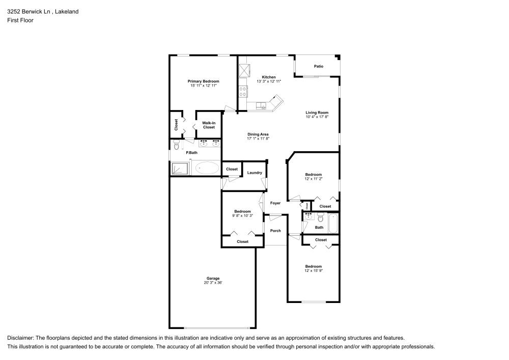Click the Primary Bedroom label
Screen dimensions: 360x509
203,81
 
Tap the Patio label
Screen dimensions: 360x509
319,66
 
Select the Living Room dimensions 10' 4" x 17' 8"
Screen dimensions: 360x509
317,117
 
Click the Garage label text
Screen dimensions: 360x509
213,279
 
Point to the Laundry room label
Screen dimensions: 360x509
254,173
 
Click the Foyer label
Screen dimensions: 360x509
275,203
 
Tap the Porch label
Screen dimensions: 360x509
275,231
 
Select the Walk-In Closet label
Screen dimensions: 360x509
209,125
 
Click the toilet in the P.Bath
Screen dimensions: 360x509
176,147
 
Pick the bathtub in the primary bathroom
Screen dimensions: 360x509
207,168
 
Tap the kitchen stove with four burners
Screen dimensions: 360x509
243,92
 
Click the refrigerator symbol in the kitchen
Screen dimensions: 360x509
244,70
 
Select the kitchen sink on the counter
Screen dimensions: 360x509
262,106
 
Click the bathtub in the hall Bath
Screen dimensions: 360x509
333,223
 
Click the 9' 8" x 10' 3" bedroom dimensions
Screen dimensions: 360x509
242,215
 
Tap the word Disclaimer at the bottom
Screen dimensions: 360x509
20,338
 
